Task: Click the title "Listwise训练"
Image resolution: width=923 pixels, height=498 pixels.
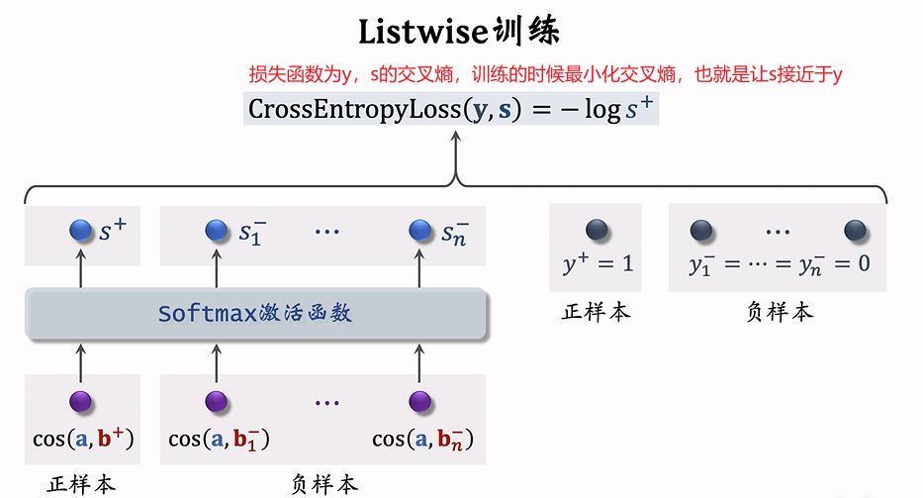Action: (460, 31)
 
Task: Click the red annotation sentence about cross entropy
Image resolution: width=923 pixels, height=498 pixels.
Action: (545, 74)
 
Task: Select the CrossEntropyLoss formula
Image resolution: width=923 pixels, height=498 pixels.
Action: (451, 108)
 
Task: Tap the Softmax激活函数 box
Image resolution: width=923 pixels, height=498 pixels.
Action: (256, 315)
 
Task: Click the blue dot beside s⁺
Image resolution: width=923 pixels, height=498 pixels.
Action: (80, 231)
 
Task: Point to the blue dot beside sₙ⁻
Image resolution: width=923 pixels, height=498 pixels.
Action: (420, 231)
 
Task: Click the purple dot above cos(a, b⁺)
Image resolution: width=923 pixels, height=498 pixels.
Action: (80, 402)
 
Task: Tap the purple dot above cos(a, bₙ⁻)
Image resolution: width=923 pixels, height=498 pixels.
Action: (420, 402)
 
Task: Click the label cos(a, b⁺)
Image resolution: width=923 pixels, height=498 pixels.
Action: (82, 438)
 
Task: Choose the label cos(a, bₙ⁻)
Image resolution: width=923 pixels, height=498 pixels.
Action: (422, 439)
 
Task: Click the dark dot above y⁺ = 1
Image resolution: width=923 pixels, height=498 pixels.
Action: (596, 231)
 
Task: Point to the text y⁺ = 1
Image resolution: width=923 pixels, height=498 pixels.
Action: (597, 264)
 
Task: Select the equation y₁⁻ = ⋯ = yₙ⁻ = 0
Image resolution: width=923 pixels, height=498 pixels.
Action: (779, 264)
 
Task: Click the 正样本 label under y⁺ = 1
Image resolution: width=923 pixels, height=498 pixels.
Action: (596, 312)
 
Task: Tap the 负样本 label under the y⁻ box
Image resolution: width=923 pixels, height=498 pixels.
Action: (779, 312)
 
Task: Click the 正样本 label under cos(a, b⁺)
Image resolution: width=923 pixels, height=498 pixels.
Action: (82, 484)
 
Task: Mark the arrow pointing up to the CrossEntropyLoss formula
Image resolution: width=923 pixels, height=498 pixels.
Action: (456, 153)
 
